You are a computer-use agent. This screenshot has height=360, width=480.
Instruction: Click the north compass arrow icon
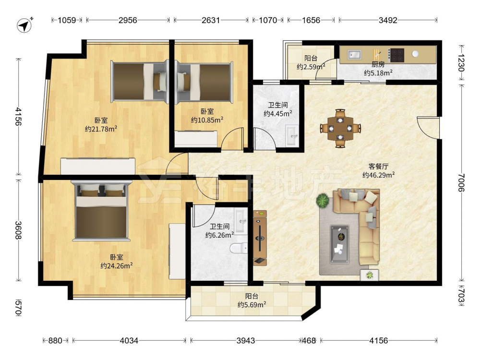pyautogui.click(x=25, y=25)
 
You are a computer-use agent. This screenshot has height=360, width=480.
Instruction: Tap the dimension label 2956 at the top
pyautogui.click(x=128, y=20)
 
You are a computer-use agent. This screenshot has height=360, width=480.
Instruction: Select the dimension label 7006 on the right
pyautogui.click(x=461, y=182)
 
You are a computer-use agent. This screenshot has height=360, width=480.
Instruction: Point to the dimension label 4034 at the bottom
pyautogui.click(x=129, y=340)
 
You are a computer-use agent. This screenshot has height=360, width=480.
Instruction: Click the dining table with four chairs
pyautogui.click(x=340, y=128)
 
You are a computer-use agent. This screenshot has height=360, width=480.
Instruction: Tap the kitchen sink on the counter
pyautogui.click(x=354, y=55)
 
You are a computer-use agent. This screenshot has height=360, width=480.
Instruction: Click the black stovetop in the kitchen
pyautogui.click(x=397, y=55)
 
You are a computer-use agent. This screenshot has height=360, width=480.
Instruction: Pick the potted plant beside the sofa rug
pyautogui.click(x=323, y=201)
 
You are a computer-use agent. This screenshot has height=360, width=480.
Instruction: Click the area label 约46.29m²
pyautogui.click(x=378, y=175)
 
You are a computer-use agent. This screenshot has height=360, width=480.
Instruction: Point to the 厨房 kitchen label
pyautogui.click(x=378, y=64)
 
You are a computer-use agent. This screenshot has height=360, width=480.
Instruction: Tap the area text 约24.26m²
pyautogui.click(x=116, y=266)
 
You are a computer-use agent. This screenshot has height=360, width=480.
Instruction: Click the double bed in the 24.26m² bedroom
pyautogui.click(x=101, y=211)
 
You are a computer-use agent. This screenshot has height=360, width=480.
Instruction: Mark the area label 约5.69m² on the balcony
pyautogui.click(x=252, y=305)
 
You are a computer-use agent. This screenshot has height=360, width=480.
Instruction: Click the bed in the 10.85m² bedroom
pyautogui.click(x=204, y=82)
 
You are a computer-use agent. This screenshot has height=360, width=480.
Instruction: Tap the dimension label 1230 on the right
pyautogui.click(x=461, y=62)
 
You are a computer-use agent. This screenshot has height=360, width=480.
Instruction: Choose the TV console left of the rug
pyautogui.click(x=260, y=238)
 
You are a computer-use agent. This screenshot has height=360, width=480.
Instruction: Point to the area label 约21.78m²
pyautogui.click(x=101, y=129)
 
